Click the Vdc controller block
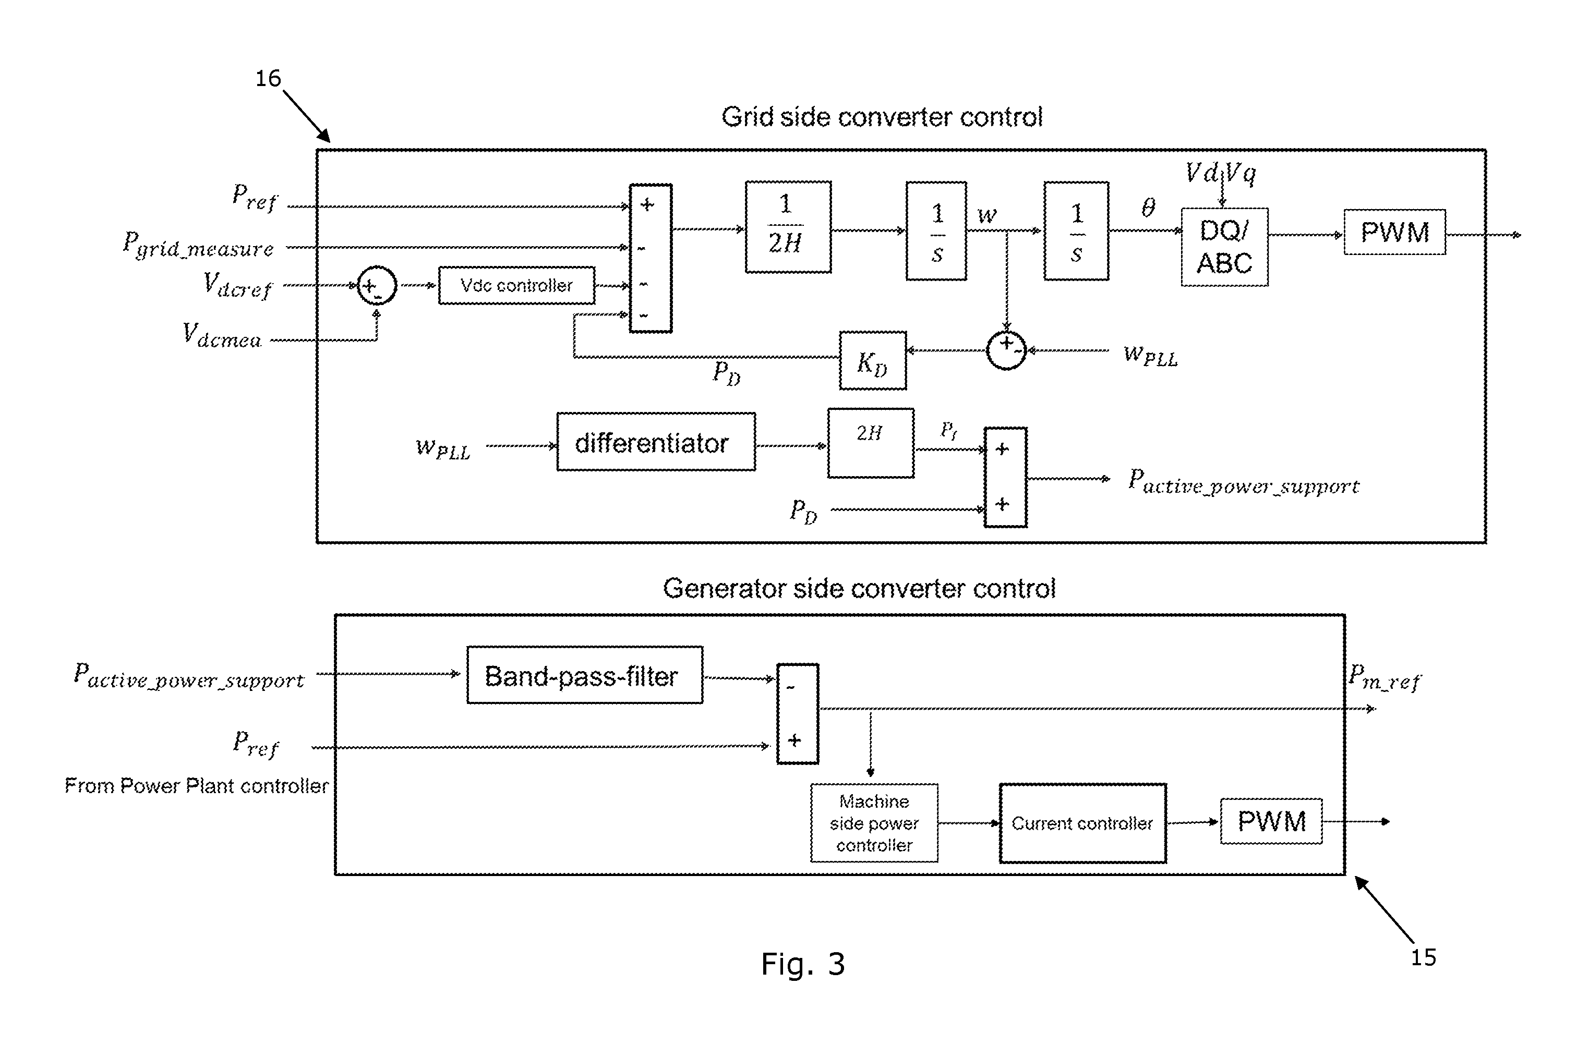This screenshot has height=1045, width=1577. pyautogui.click(x=516, y=285)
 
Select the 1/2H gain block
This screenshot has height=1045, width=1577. pyautogui.click(x=788, y=227)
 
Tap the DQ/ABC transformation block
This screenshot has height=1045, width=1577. pyautogui.click(x=1224, y=247)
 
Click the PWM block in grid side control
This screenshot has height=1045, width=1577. pyautogui.click(x=1394, y=232)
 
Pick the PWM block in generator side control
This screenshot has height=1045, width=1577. pyautogui.click(x=1271, y=821)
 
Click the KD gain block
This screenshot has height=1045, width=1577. pyautogui.click(x=872, y=360)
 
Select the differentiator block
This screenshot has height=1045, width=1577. pyautogui.click(x=656, y=442)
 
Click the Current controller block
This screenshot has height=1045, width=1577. pyautogui.click(x=1082, y=823)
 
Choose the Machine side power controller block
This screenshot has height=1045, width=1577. pyautogui.click(x=874, y=823)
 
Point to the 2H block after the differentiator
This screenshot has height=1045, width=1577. pyautogui.click(x=871, y=443)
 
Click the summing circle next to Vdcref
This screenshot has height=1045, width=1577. pyautogui.click(x=377, y=286)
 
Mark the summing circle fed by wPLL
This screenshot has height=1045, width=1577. pyautogui.click(x=1006, y=349)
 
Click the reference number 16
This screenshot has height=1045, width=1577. pyautogui.click(x=268, y=79)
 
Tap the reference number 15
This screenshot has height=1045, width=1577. pyautogui.click(x=1423, y=958)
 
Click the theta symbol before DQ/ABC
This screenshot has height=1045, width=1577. pyautogui.click(x=1148, y=207)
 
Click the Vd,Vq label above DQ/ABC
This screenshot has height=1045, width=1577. pyautogui.click(x=1220, y=173)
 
